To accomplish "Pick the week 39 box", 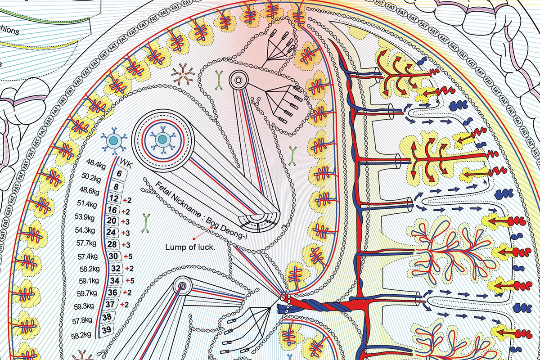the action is pyautogui.click(x=108, y=330).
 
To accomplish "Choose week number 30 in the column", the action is pyautogui.click(x=113, y=256).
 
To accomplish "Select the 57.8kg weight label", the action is pyautogui.click(x=82, y=320).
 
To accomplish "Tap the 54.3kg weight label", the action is pyautogui.click(x=85, y=231).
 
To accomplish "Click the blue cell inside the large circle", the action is pyautogui.click(x=161, y=141).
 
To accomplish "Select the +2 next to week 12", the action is pyautogui.click(x=129, y=199).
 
